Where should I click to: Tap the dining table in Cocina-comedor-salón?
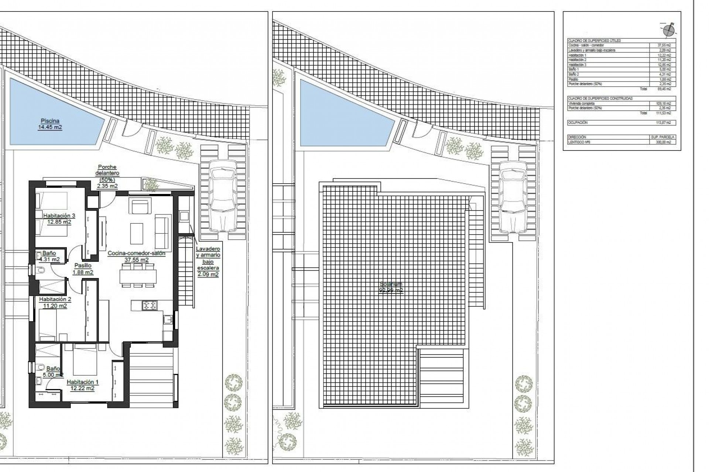(x=138, y=276)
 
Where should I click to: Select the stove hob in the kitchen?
(x=150, y=305)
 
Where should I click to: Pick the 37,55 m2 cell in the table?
(x=664, y=45)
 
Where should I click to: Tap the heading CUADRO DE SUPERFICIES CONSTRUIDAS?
(x=600, y=98)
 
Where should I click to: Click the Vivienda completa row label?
(x=581, y=104)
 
